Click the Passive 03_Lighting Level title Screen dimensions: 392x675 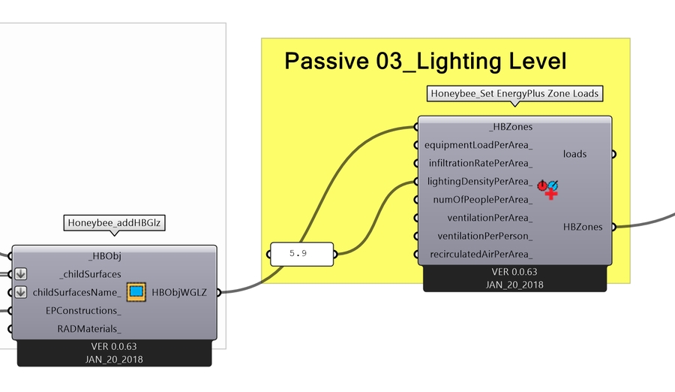[x=425, y=62]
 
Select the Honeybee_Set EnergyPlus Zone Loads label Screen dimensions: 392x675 [x=514, y=94]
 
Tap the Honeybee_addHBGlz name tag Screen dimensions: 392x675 [x=115, y=222]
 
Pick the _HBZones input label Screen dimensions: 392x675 [x=510, y=127]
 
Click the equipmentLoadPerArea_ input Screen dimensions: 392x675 [x=478, y=145]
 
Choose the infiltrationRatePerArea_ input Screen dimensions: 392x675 [x=480, y=163]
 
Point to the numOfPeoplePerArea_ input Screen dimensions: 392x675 [x=483, y=200]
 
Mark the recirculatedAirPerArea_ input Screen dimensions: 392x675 [x=481, y=255]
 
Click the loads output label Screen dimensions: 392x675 [x=574, y=154]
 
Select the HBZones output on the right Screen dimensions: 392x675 [x=583, y=227]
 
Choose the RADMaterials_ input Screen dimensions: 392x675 [x=89, y=329]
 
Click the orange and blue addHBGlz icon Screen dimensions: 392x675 [x=136, y=292]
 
